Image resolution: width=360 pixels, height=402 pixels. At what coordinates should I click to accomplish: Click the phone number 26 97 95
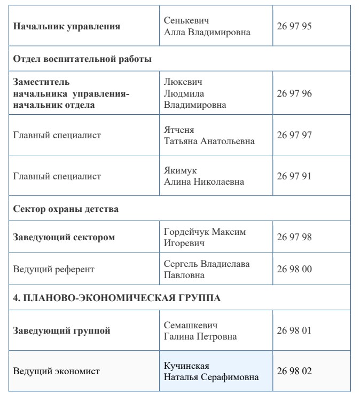coord(294,26)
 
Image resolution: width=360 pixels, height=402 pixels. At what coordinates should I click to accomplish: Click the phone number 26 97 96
coord(294,93)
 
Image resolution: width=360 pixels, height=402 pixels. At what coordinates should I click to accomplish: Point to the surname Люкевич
coord(183,82)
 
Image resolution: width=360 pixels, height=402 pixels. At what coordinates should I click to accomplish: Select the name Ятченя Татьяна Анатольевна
coord(209,136)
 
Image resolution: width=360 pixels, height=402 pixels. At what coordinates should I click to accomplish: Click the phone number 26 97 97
coord(294,135)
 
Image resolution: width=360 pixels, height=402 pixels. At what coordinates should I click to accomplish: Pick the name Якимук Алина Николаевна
coord(204,176)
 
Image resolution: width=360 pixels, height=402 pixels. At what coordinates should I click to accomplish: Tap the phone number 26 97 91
coord(294,176)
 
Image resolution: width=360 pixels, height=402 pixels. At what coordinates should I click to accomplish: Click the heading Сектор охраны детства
coord(66,209)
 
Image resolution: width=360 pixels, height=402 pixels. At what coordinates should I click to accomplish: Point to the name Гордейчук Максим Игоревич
coord(205,238)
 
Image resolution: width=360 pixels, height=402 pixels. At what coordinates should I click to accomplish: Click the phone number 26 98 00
coord(294,269)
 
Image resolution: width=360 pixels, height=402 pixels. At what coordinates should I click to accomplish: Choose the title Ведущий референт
coord(53,270)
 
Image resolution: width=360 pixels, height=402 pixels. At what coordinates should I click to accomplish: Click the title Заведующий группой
coord(62,331)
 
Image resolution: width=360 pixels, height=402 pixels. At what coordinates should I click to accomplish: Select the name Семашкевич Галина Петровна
coord(200,331)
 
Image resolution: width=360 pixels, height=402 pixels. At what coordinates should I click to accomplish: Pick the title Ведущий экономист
coord(56,371)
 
